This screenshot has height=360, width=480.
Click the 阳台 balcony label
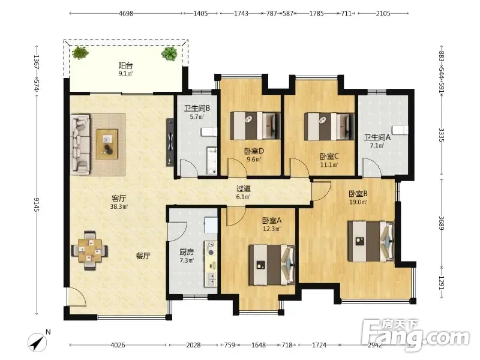tap(125, 65)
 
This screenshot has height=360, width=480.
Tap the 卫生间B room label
tap(197, 109)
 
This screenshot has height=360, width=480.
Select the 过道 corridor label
tap(244, 189)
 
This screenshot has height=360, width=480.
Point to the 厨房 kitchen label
tap(187, 252)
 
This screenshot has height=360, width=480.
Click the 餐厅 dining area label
tap(143, 256)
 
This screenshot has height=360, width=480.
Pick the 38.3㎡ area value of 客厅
tap(119, 206)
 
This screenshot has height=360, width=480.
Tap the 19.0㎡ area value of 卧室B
tap(358, 202)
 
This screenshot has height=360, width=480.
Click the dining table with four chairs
tap(89, 250)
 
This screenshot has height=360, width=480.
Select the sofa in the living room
tap(80, 145)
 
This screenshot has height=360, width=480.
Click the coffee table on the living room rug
tap(107, 144)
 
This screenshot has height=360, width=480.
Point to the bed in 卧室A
tap(272, 265)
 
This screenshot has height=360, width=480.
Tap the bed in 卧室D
tap(256, 126)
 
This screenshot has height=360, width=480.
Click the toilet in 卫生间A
tap(400, 130)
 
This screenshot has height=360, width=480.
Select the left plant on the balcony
tap(80, 53)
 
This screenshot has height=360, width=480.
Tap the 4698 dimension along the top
tap(126, 13)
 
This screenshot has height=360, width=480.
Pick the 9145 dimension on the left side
tap(37, 205)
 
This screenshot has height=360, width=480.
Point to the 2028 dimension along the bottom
tap(193, 346)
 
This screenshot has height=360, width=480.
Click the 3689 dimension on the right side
tap(441, 223)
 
